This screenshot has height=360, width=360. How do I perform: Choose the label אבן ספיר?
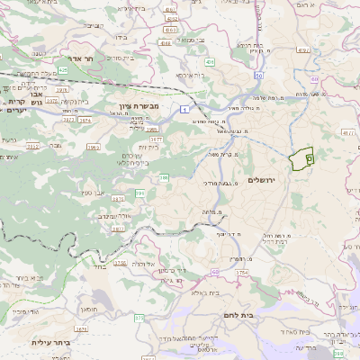pyautogui.click(x=96, y=192)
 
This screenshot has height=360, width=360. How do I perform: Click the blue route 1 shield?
pyautogui.click(x=184, y=108)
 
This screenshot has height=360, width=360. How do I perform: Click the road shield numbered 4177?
pyautogui.click(x=348, y=133)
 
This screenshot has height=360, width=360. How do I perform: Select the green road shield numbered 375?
pyautogui.click(x=139, y=318)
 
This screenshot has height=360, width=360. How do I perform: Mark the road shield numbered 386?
pyautogui.click(x=164, y=179)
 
